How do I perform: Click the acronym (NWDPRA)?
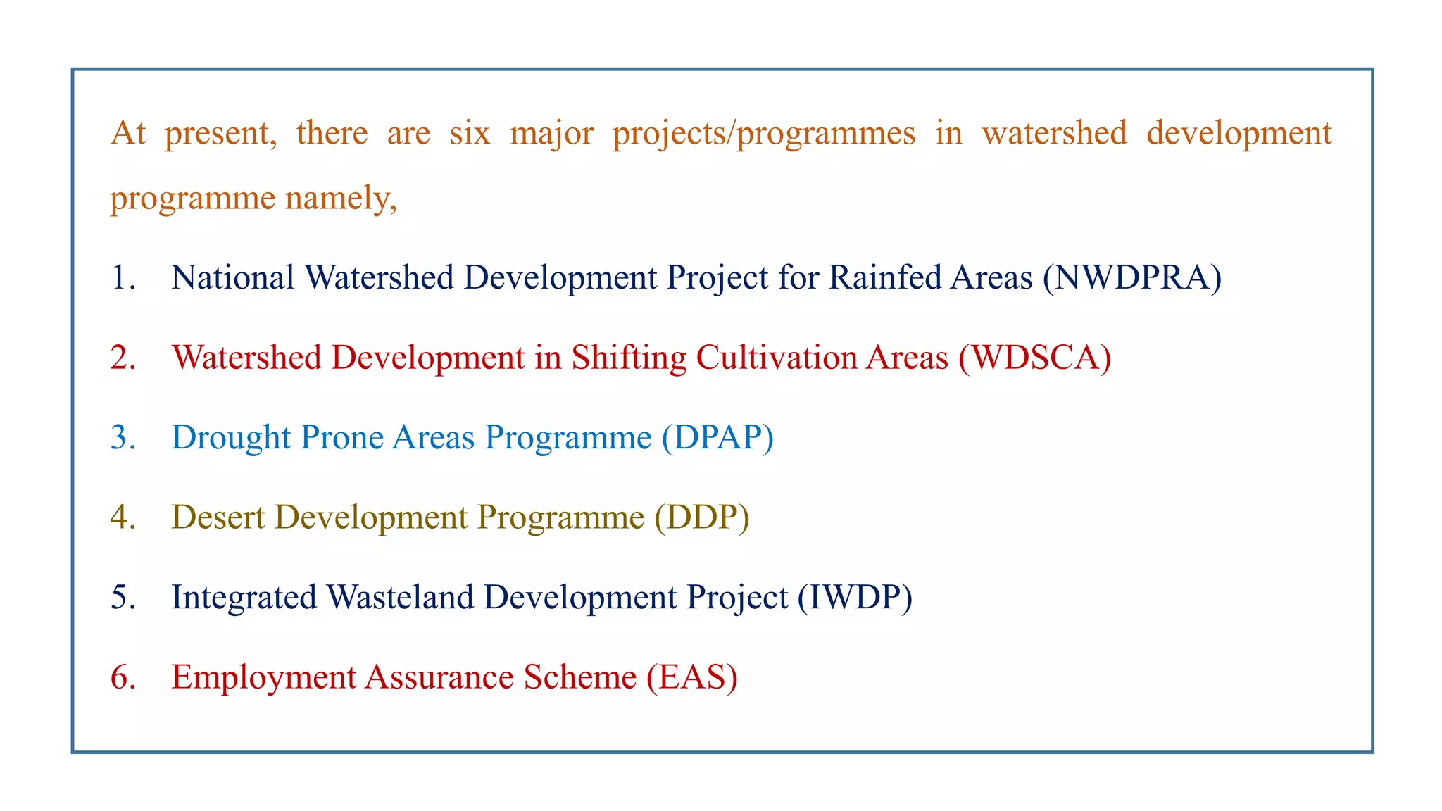pyautogui.click(x=1132, y=278)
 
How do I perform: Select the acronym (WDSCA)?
pyautogui.click(x=1034, y=358)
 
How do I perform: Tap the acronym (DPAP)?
pyautogui.click(x=717, y=438)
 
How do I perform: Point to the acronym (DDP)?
pyautogui.click(x=701, y=517)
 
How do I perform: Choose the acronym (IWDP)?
pyautogui.click(x=855, y=598)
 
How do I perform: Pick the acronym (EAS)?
pyautogui.click(x=692, y=677)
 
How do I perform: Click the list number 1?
pyautogui.click(x=123, y=278)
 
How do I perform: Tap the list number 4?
pyautogui.click(x=123, y=517)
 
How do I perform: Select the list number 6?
pyautogui.click(x=123, y=677)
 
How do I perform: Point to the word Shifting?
pyautogui.click(x=629, y=358)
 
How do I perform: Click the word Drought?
pyautogui.click(x=231, y=438)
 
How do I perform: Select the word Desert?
pyautogui.click(x=218, y=517)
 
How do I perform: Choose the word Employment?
pyautogui.click(x=263, y=677)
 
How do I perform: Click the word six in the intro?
pyautogui.click(x=470, y=133)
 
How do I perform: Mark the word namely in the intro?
pyautogui.click(x=341, y=199)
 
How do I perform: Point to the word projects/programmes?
pyautogui.click(x=763, y=133)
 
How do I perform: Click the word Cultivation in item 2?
pyautogui.click(x=775, y=358)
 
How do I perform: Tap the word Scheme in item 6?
pyautogui.click(x=579, y=677)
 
